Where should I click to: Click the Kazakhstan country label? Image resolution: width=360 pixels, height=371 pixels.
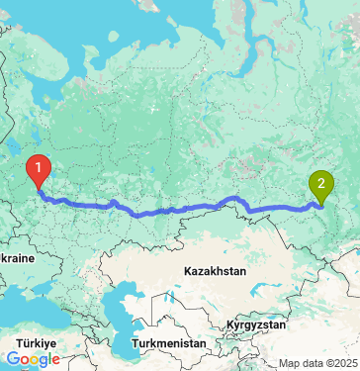(x=216, y=270)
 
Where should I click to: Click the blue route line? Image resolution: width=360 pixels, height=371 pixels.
(x=178, y=210)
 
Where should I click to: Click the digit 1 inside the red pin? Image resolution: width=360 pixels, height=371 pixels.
(x=39, y=167)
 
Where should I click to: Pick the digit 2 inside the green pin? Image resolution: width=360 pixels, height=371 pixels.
(x=321, y=181)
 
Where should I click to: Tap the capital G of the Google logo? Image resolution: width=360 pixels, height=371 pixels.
(x=11, y=359)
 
